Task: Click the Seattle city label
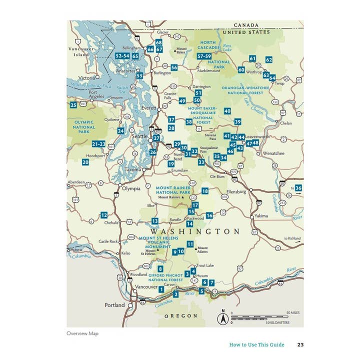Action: (139, 136)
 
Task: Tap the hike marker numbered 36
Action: (298, 188)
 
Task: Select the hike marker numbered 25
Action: (73, 105)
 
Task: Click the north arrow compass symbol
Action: (223, 317)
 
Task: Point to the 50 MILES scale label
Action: (293, 312)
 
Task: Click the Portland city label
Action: (114, 305)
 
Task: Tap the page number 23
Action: (300, 344)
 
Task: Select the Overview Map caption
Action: (82, 333)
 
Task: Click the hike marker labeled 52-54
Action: (122, 56)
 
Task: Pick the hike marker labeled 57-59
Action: (204, 56)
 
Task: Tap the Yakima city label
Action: (261, 216)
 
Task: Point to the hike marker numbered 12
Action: (104, 215)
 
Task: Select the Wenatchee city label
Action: (273, 153)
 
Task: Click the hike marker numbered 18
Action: (205, 191)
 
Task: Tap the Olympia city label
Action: (131, 188)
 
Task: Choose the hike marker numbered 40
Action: (227, 111)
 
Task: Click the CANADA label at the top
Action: (246, 25)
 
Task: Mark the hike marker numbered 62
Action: (269, 59)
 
